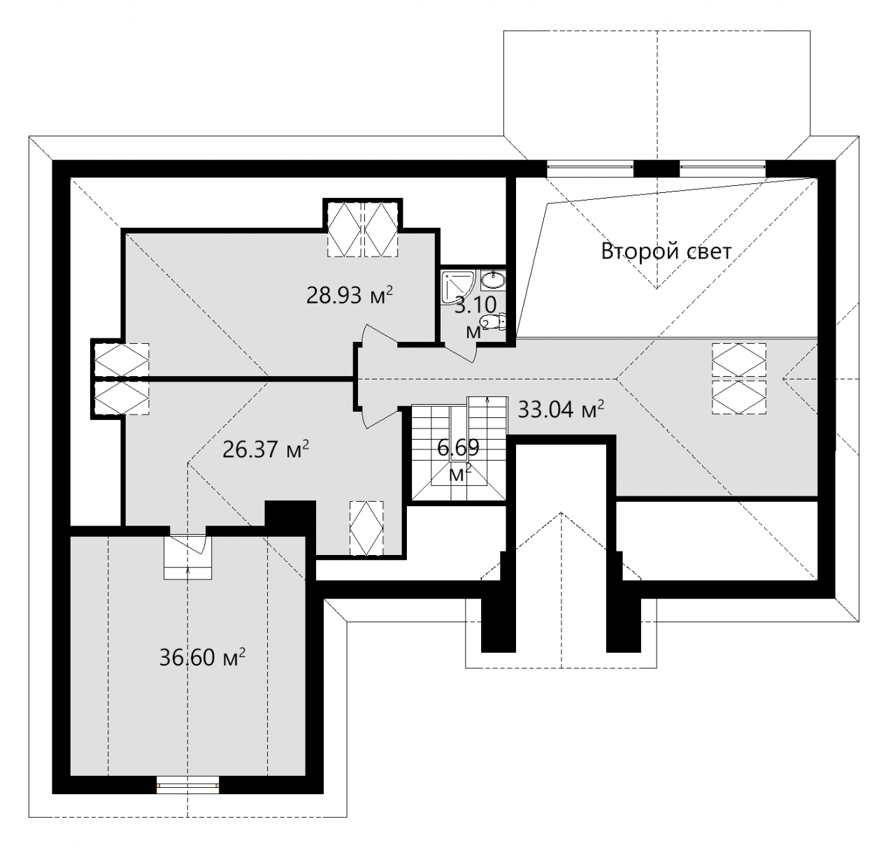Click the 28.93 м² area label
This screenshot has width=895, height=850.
click(x=349, y=295)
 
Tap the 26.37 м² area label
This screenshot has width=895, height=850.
click(x=266, y=449)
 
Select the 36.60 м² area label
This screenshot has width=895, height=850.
click(x=202, y=657)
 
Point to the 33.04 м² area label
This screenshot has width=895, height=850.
click(x=561, y=410)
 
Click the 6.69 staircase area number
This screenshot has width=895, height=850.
click(x=458, y=447)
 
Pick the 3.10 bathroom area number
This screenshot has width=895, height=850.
click(x=475, y=305)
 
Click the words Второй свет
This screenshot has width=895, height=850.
click(x=666, y=251)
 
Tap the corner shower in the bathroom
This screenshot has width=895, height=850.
click(x=458, y=287)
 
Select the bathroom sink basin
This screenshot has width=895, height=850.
click(x=492, y=279)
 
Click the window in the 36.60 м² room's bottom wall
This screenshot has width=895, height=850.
click(x=187, y=784)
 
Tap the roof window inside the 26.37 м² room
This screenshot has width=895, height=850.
click(x=366, y=528)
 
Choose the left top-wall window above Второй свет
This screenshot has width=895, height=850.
click(x=589, y=168)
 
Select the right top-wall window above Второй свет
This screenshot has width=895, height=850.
click(x=722, y=168)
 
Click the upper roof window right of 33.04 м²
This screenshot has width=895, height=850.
click(x=739, y=360)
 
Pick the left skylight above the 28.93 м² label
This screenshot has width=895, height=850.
click(x=345, y=229)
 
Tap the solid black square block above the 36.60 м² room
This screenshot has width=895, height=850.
click(x=290, y=514)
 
